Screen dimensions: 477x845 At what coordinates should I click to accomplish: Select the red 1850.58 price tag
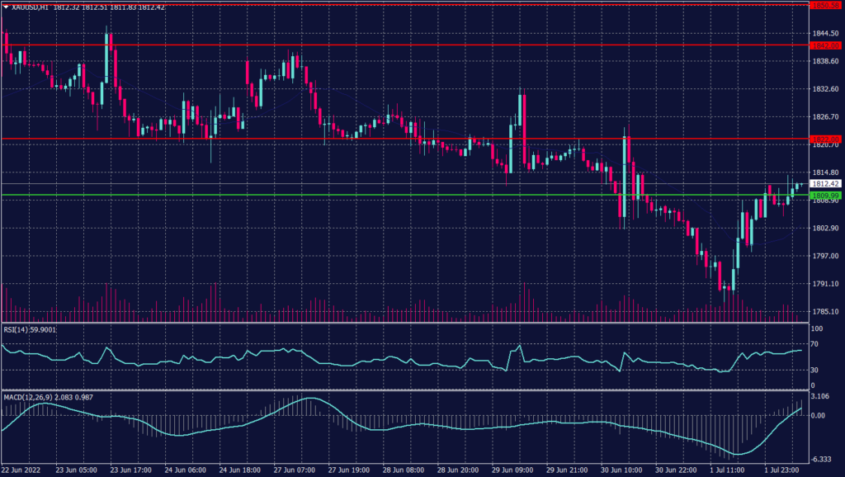(824, 6)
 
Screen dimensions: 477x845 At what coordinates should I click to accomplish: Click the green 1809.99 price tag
(824, 196)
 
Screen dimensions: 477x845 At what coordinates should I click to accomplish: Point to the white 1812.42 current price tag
(824, 183)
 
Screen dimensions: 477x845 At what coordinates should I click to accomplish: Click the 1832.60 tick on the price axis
(824, 89)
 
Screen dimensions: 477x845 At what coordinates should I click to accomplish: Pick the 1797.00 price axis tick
(824, 256)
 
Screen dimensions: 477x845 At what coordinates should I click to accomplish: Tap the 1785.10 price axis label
(824, 312)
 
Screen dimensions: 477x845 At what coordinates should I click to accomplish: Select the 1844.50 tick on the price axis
(824, 33)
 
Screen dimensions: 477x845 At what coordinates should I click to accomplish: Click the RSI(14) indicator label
(19, 329)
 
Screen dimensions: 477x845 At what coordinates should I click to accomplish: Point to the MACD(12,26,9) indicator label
(30, 397)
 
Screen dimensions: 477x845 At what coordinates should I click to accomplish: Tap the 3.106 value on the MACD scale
(820, 397)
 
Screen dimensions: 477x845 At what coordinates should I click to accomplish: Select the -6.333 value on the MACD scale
(820, 460)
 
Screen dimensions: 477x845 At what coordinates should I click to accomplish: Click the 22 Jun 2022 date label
(21, 470)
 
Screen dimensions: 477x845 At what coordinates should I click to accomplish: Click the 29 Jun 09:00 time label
(512, 470)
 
